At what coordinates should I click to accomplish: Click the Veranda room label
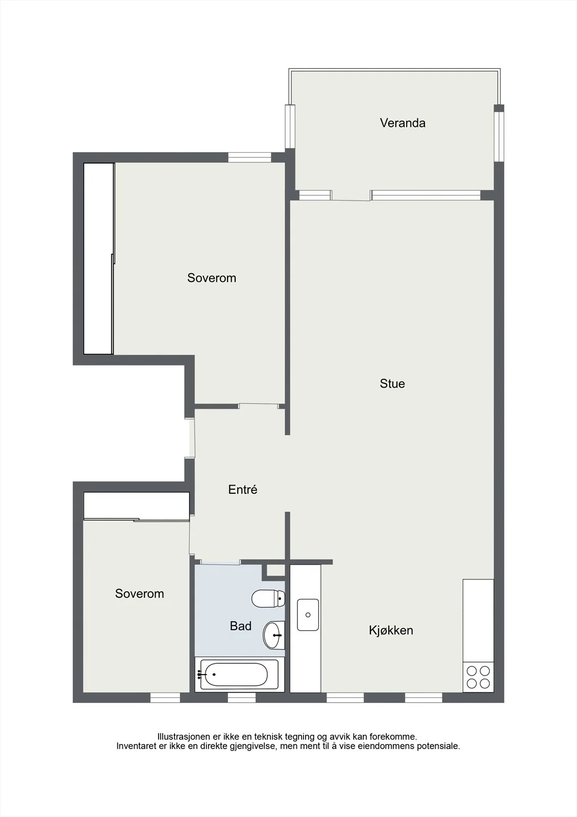point(403,123)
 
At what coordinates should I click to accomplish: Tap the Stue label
point(392,383)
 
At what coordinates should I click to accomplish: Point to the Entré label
point(243,489)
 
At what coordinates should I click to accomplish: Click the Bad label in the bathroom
point(241,626)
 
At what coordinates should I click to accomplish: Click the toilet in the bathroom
point(268,598)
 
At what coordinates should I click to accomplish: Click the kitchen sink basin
point(308,615)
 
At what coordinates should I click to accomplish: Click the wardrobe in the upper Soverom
point(99,258)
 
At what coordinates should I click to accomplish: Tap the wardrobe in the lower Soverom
point(136,506)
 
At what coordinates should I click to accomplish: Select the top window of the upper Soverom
point(249,157)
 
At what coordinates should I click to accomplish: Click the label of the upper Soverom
point(211,278)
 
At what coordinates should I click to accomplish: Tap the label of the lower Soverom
point(139,593)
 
